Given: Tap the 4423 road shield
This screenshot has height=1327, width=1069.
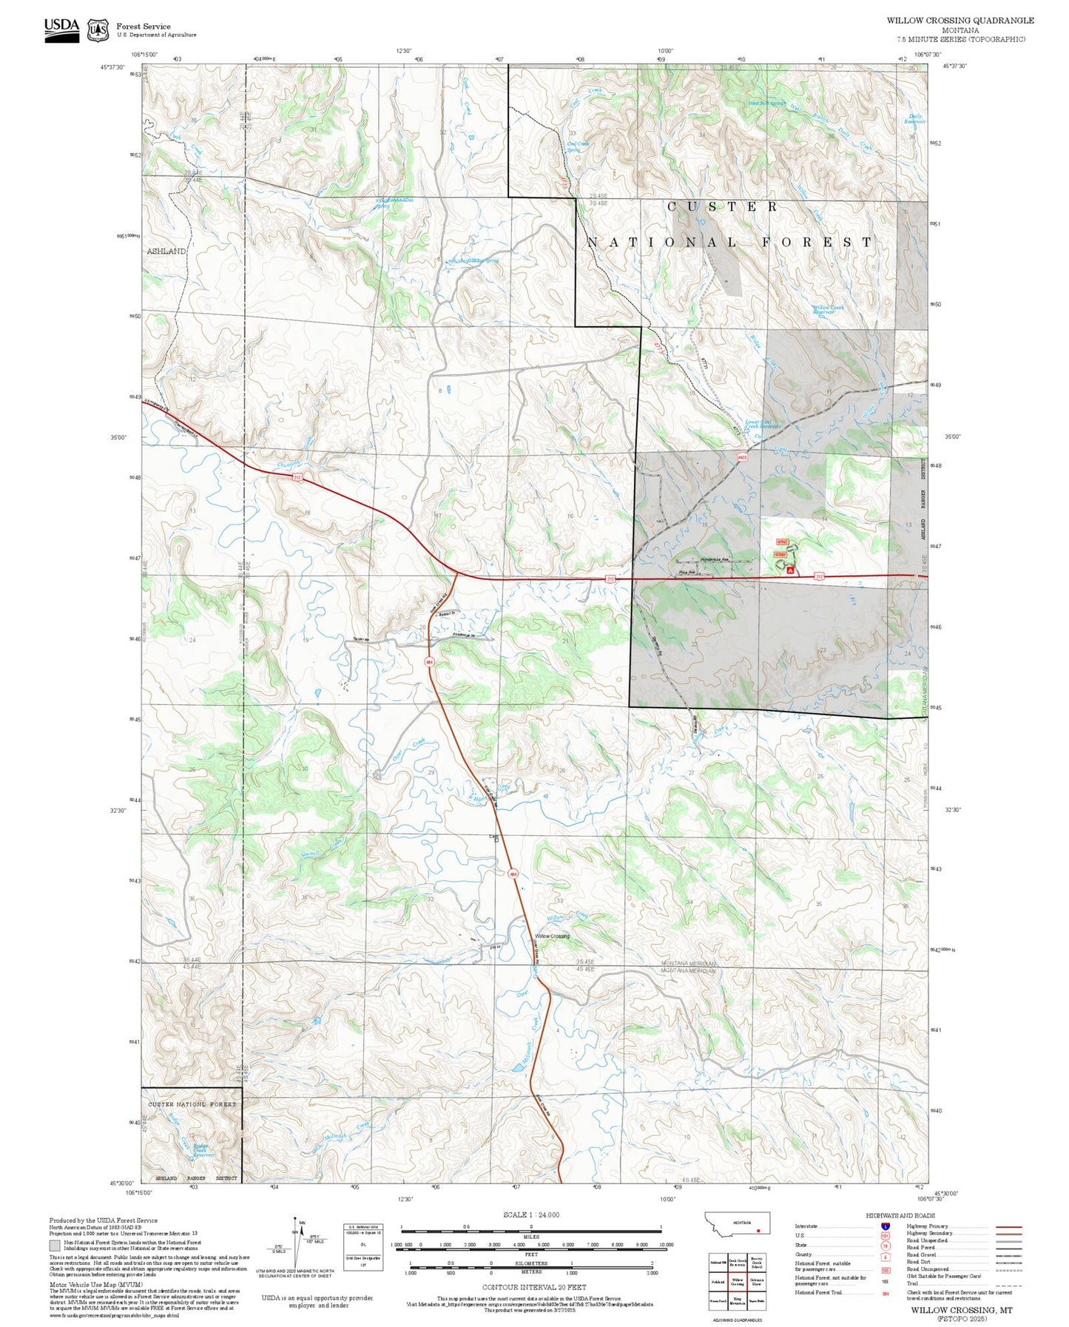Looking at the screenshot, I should coord(742,458).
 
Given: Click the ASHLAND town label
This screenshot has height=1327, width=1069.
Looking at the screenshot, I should coord(166,251).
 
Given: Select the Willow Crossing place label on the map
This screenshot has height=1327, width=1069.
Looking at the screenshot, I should coord(553,936).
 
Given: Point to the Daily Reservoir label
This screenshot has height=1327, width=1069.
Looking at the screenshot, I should coord(915,118).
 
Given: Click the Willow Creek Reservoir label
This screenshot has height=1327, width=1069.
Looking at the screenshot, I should coord(827,309).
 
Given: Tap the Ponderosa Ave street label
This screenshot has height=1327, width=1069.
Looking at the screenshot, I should coord(714,558).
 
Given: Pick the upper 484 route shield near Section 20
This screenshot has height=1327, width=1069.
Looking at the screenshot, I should coord(429,662).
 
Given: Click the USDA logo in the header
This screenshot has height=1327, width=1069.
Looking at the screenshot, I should coord(61,27).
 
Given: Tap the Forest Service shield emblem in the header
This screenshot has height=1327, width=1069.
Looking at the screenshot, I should coord(98,30).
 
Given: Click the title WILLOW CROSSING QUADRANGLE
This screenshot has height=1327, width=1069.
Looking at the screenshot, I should coord(960,21).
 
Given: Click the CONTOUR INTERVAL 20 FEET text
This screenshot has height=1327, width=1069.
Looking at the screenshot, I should coord(533,1287).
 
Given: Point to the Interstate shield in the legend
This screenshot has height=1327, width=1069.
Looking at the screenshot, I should coord(885,1226).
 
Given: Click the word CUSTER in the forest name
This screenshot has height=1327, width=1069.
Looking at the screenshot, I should coord(722,207).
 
